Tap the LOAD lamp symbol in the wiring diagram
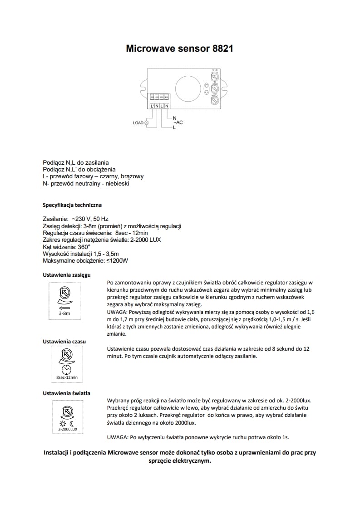146,123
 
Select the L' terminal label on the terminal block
152,106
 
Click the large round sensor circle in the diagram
187,86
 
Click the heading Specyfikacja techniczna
72,205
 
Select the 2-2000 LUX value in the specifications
147,239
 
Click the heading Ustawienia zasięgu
66,275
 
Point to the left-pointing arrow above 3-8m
64,308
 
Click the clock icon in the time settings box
67,368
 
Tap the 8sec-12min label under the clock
67,377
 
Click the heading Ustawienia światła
66,393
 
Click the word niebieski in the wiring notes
118,183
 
